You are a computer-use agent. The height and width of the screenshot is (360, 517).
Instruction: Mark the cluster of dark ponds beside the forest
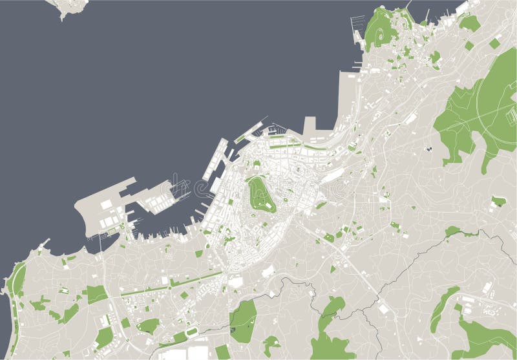[x=428, y=149]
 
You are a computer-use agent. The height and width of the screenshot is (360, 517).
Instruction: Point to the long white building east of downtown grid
[x=333, y=173]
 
